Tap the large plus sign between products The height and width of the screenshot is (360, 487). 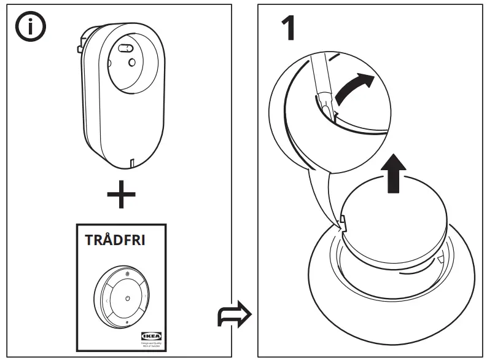122,197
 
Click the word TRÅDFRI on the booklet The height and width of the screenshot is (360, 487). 115,240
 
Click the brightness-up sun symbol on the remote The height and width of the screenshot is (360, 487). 128,273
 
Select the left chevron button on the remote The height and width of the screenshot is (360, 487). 106,301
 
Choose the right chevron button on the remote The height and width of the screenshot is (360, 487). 146,295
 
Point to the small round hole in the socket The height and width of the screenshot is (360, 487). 131,62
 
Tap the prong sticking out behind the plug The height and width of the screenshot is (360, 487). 79,48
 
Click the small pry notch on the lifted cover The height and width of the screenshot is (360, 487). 341,219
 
